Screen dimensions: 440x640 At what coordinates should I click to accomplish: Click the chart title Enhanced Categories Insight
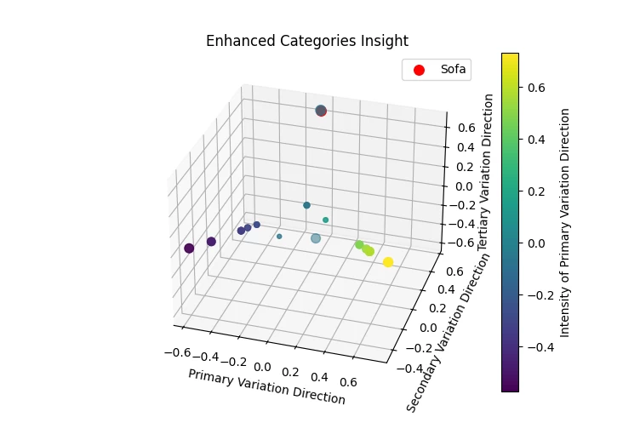(x=306, y=41)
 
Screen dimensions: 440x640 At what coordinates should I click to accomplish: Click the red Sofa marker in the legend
(x=419, y=70)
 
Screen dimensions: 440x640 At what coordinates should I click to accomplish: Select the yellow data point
(x=388, y=262)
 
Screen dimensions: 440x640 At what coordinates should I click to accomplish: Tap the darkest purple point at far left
(x=189, y=249)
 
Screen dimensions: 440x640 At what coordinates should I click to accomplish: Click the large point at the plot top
(x=321, y=111)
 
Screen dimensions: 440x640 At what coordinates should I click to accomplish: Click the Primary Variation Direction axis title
(x=266, y=387)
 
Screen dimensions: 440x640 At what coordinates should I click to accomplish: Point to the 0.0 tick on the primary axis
(x=262, y=366)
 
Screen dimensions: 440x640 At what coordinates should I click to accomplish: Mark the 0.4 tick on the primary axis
(x=321, y=376)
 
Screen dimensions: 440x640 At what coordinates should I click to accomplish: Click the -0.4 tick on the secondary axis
(x=412, y=369)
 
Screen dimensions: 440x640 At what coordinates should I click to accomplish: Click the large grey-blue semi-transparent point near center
(x=316, y=238)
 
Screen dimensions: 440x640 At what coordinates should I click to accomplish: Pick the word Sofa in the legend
(x=453, y=70)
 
